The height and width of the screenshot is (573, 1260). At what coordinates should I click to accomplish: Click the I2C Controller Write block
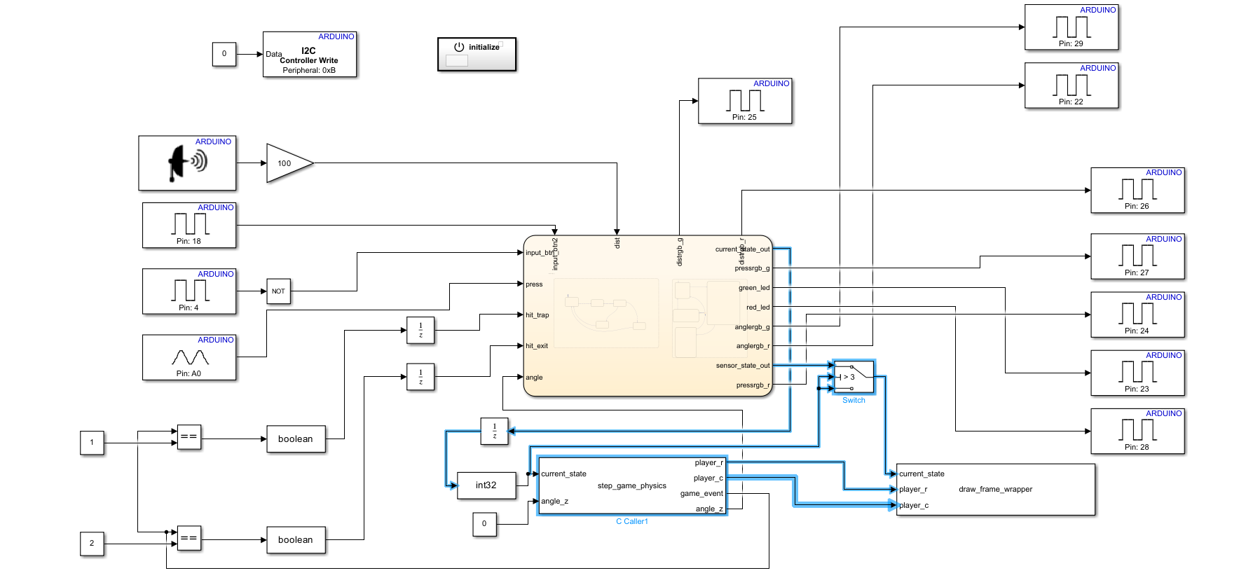[310, 54]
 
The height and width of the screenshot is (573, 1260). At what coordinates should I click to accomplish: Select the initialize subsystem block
[477, 54]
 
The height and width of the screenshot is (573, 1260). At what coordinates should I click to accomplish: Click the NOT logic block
[278, 291]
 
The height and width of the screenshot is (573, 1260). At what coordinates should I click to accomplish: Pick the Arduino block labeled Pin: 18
[189, 225]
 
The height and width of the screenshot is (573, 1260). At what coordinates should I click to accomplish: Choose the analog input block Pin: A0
[189, 357]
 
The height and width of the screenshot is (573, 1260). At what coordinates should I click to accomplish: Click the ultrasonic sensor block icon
[187, 163]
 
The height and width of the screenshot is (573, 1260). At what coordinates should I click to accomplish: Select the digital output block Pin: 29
[1071, 27]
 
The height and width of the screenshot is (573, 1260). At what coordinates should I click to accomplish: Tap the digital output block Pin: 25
[745, 101]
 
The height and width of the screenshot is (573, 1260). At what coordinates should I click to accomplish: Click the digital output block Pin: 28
[1137, 431]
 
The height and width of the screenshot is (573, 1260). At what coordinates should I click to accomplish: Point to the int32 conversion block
[486, 485]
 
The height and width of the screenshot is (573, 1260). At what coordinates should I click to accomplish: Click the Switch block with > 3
[854, 377]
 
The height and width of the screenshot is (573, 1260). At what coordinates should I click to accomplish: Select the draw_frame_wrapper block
[995, 489]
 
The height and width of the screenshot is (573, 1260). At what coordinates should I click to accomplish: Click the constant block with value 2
[92, 543]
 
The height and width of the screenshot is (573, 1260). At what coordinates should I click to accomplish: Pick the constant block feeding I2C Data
[224, 54]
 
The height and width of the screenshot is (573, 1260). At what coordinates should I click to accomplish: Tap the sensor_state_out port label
[742, 366]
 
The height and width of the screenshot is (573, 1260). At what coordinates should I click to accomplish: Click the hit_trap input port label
[537, 315]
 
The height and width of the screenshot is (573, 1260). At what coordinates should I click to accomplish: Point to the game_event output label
[701, 494]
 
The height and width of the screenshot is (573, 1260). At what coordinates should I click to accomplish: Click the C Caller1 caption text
[631, 521]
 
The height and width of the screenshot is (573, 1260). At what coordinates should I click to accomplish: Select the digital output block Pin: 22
[1071, 85]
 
